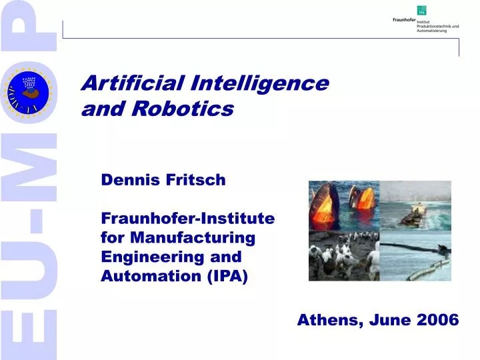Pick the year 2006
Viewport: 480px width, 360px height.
click(x=437, y=320)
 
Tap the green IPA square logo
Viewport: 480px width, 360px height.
click(x=421, y=10)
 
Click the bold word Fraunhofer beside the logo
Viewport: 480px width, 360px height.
click(x=404, y=20)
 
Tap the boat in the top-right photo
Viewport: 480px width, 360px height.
click(x=413, y=214)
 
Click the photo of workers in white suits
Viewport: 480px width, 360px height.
click(x=343, y=256)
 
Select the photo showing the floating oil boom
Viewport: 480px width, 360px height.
click(x=415, y=256)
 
